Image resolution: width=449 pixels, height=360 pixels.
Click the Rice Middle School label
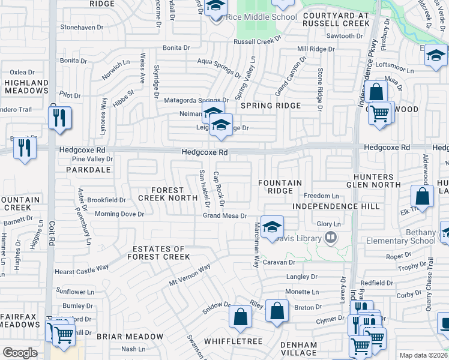[x=261, y=17]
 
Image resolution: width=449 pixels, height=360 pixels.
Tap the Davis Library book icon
[x=330, y=238]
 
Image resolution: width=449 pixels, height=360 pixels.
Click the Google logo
[x=20, y=353]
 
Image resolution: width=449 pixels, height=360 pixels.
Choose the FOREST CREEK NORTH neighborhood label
[x=168, y=193]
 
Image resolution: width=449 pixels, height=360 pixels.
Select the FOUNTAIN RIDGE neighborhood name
[x=280, y=186]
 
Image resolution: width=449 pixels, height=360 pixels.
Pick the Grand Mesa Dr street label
[x=225, y=215]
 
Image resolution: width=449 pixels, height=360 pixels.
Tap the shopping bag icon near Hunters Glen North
[x=422, y=196]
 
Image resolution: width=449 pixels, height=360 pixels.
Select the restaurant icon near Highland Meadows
[x=60, y=118]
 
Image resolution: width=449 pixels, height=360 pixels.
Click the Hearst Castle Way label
[x=82, y=271]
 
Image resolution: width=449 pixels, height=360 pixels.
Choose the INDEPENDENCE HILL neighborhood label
[x=336, y=206]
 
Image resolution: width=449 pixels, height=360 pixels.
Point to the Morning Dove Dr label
[x=121, y=214]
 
